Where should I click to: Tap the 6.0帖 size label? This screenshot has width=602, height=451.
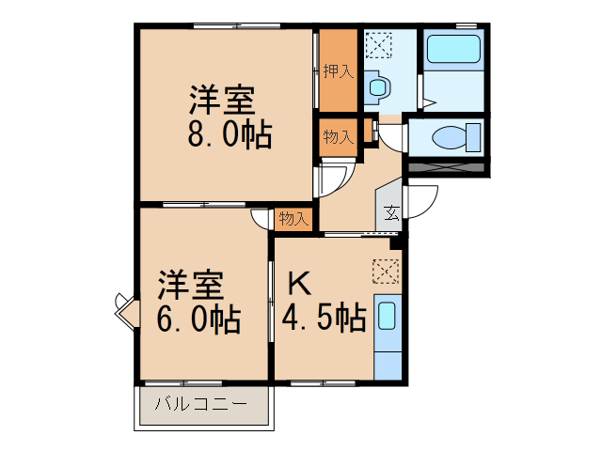(198, 319)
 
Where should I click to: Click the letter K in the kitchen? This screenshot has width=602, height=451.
(297, 282)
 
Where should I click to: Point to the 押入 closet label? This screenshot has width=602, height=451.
(338, 71)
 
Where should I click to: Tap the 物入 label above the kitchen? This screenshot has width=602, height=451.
(293, 219)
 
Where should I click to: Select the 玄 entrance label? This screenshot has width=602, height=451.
(390, 213)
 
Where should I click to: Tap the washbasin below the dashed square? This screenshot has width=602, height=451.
(378, 87)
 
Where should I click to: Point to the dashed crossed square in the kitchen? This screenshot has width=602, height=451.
(385, 272)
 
